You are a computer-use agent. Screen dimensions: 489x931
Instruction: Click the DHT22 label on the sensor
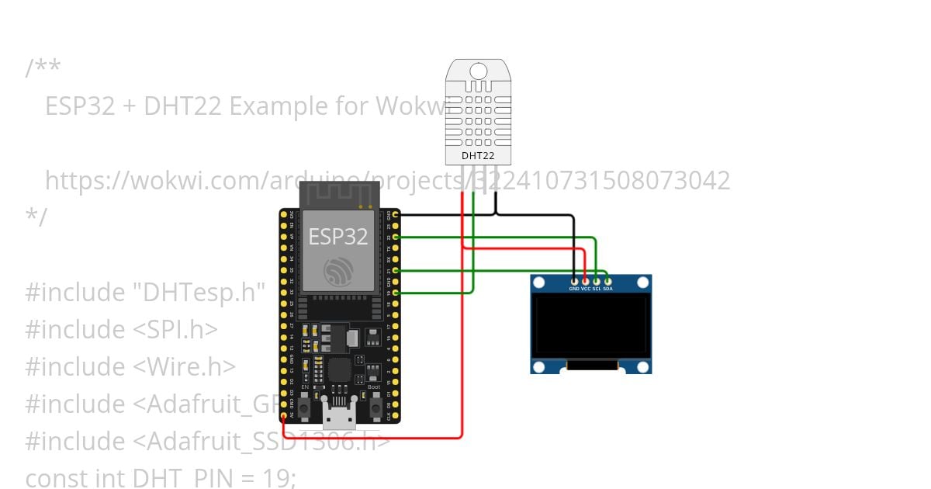pos(478,155)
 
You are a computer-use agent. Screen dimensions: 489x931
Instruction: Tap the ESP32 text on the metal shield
pos(338,235)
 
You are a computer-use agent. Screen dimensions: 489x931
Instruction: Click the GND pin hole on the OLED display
pos(574,280)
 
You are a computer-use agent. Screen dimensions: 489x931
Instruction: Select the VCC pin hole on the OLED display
pos(586,280)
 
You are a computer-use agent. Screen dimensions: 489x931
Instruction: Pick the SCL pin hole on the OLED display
pos(597,280)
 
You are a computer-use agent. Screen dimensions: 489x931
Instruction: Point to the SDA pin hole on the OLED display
pos(607,280)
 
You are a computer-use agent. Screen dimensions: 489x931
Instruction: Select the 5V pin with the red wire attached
pos(284,417)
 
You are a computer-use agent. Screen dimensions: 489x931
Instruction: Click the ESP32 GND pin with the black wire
pos(396,213)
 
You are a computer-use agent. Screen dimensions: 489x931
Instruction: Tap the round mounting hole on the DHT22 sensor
pos(478,71)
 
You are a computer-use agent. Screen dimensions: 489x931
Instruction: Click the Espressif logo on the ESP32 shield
pos(338,270)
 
